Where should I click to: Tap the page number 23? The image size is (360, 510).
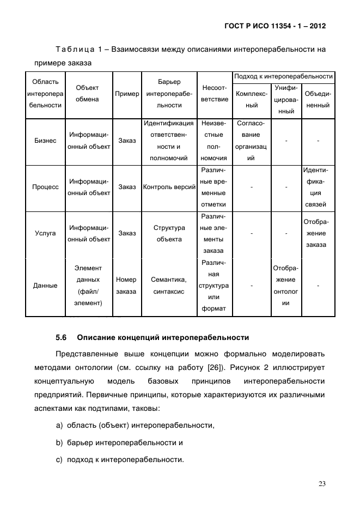coord(321,483)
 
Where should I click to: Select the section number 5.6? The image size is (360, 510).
coord(61,337)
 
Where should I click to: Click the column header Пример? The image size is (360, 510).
coord(127,94)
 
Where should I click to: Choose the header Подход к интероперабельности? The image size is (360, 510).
coord(283,76)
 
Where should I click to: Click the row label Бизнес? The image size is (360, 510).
coord(45,141)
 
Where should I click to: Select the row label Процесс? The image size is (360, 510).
coord(45,187)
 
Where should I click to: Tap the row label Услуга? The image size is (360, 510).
coord(45,233)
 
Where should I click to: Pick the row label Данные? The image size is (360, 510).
coord(45,286)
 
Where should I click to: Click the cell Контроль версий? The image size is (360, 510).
coord(169,187)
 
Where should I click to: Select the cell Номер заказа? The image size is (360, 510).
coord(126,286)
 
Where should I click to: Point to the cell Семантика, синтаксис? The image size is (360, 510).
coord(169,286)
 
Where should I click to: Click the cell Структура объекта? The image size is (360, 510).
coord(169,233)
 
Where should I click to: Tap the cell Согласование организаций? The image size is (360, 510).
coord(251,141)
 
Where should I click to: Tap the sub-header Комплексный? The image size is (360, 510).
coord(251,100)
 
